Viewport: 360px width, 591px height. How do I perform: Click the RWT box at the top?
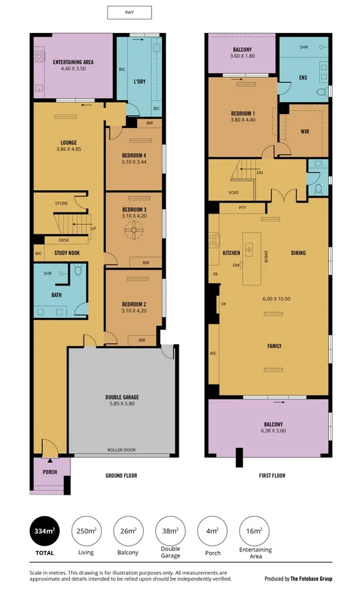point(129,12)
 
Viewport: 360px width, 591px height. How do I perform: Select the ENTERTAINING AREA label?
point(73,62)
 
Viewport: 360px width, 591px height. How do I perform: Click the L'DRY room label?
point(139,82)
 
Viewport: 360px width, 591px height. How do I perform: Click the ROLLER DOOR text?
point(122,449)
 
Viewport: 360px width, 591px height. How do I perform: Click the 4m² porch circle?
point(212,531)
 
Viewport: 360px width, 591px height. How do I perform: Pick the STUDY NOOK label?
point(67,253)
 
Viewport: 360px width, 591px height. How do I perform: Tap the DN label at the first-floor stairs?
point(259,173)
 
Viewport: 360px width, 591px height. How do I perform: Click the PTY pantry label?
point(242,207)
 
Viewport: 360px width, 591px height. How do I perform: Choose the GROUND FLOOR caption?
point(121,476)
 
